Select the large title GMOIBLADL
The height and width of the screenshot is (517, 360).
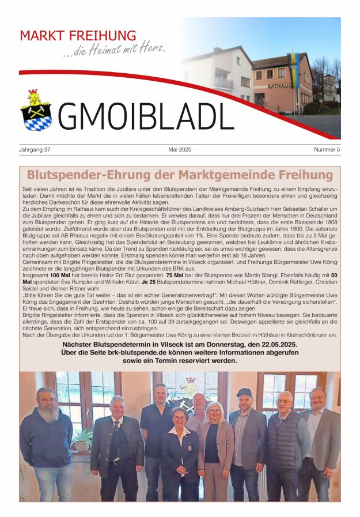point(146,115)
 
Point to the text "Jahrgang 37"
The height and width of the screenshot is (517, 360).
point(35,150)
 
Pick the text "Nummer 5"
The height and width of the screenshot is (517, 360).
point(327,150)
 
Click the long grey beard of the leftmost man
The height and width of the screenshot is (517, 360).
point(47,414)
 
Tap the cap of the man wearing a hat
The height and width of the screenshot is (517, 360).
point(244,392)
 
